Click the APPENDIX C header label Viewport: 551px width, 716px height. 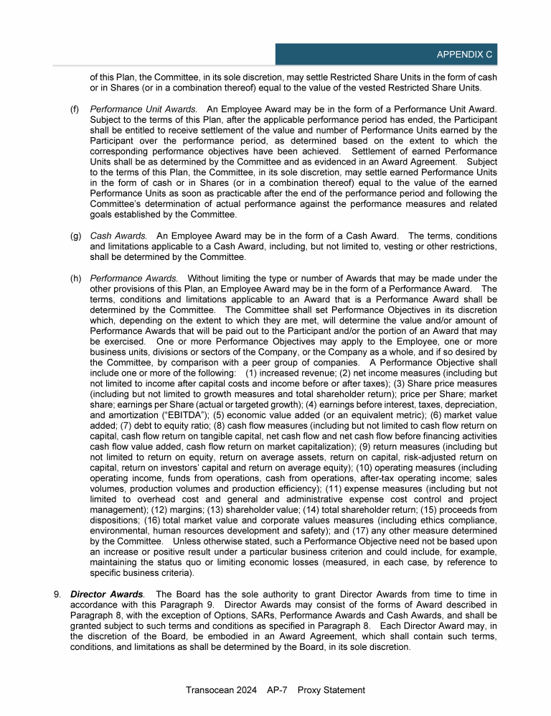tap(464, 55)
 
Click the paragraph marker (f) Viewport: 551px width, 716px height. tap(75, 109)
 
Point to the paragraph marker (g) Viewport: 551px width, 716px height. tap(75, 236)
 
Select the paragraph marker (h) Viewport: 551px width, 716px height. tap(75, 278)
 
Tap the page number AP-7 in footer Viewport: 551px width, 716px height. tap(277, 690)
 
